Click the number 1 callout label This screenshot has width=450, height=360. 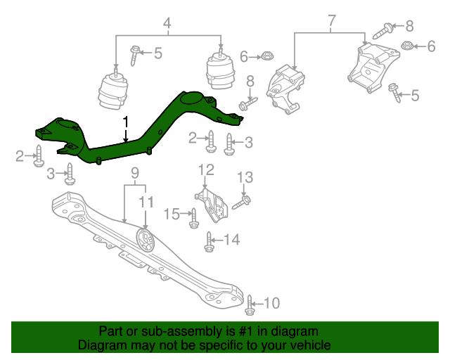[126, 122]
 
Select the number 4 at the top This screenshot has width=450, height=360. [167, 26]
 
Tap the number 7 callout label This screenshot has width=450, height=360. [331, 22]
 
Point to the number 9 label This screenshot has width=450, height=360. [135, 173]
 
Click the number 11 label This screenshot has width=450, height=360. [146, 202]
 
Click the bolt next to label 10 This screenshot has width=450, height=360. [250, 304]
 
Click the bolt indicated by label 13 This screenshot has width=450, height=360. [237, 203]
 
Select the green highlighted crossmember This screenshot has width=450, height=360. [141, 131]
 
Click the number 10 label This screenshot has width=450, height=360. [271, 303]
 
